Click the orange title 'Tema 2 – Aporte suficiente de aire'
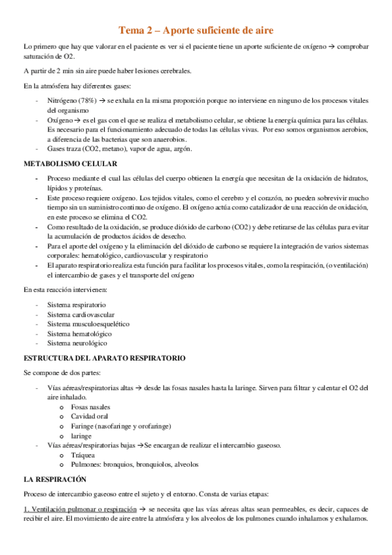(x=196, y=30)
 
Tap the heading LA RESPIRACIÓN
(x=55, y=479)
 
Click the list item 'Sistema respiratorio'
(x=77, y=305)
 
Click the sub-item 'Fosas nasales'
(x=92, y=407)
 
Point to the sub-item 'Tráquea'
(x=83, y=454)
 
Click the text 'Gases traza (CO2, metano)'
(x=86, y=149)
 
